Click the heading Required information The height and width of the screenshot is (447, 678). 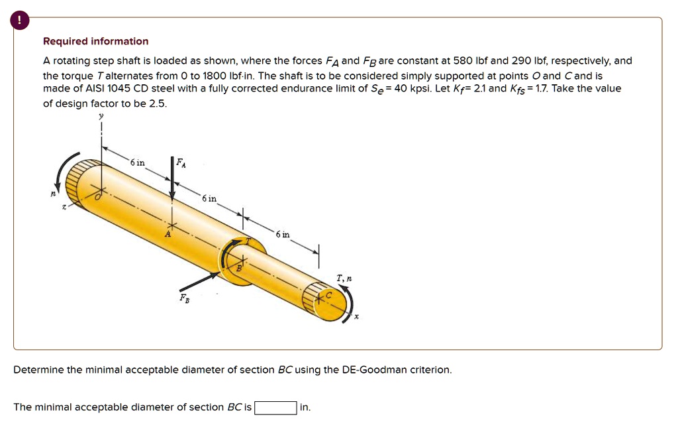pyautogui.click(x=95, y=41)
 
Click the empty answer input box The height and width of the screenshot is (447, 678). pyautogui.click(x=275, y=407)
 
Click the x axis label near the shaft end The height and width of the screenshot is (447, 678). pyautogui.click(x=356, y=317)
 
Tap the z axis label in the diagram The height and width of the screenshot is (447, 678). pyautogui.click(x=64, y=208)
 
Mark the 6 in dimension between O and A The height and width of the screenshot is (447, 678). pyautogui.click(x=137, y=162)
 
